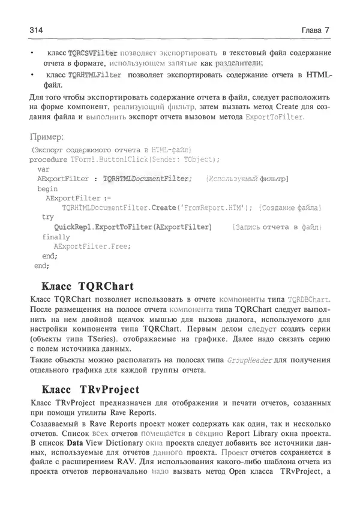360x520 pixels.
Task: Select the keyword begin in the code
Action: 47,188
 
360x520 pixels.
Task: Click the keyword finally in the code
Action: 56,237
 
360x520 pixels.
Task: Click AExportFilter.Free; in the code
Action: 92,247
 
